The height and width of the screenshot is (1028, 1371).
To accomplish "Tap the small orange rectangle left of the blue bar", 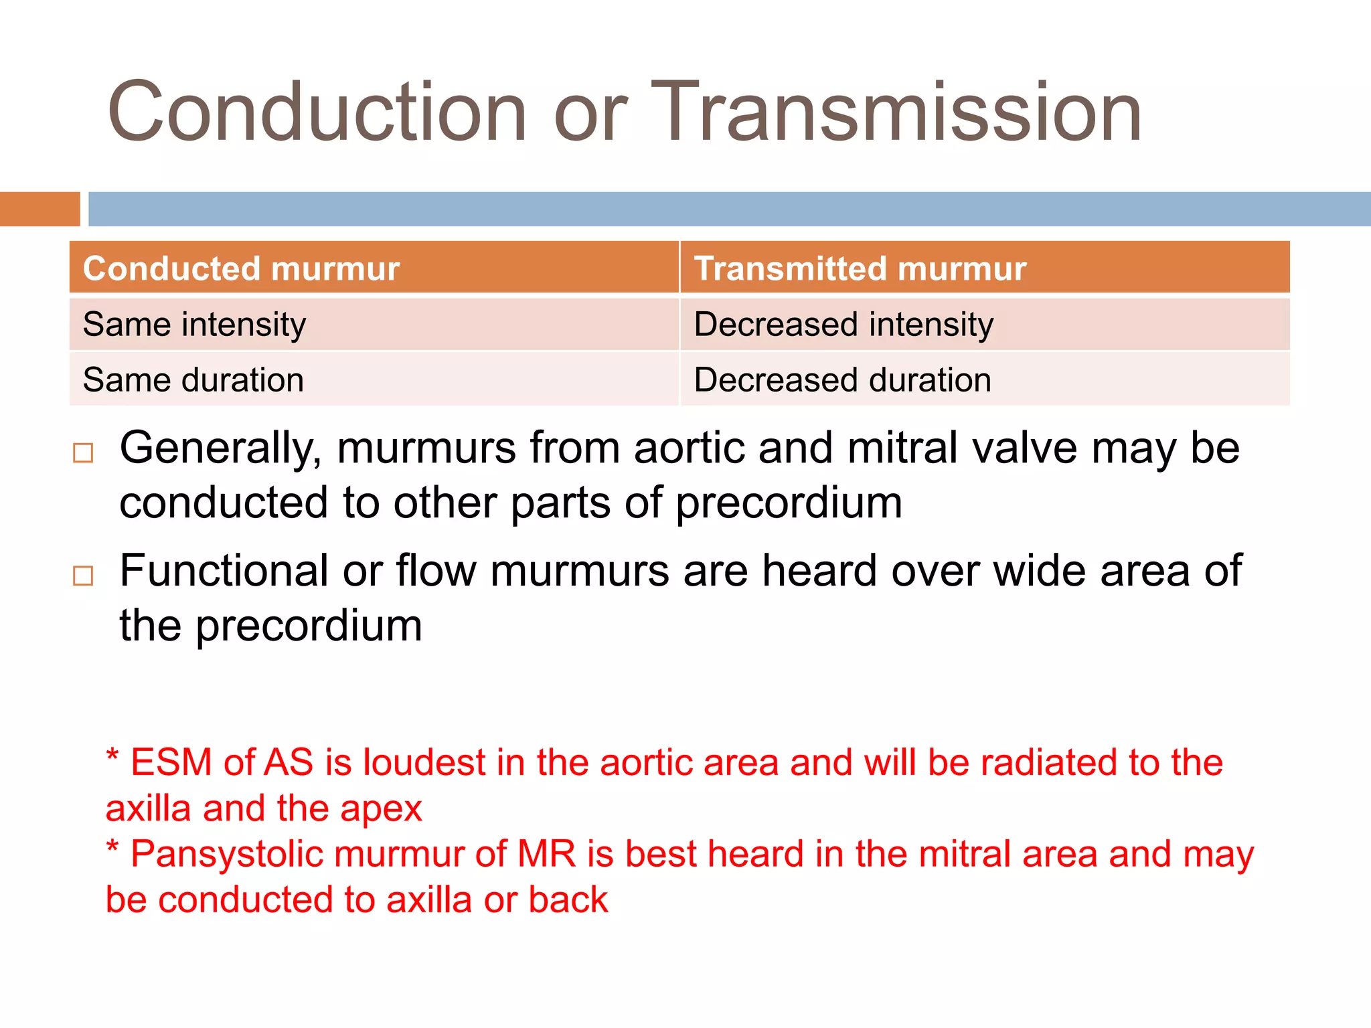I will pyautogui.click(x=39, y=209).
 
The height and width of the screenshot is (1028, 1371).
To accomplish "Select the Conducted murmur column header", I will pyautogui.click(x=241, y=268).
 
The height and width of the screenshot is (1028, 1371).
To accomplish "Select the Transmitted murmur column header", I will pyautogui.click(x=860, y=268).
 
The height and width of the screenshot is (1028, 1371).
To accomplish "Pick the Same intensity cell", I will pyautogui.click(x=194, y=325).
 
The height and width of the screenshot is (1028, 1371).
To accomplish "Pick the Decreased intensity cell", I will pyautogui.click(x=843, y=325).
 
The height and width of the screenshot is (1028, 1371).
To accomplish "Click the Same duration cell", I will pyautogui.click(x=193, y=380).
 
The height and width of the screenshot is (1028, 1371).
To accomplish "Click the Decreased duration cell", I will pyautogui.click(x=842, y=380).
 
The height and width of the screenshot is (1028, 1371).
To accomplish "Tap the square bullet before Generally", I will pyautogui.click(x=83, y=453).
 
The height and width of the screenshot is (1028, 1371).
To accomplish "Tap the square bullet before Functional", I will pyautogui.click(x=83, y=576).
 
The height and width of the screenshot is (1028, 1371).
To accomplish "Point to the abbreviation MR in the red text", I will pyautogui.click(x=546, y=854).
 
